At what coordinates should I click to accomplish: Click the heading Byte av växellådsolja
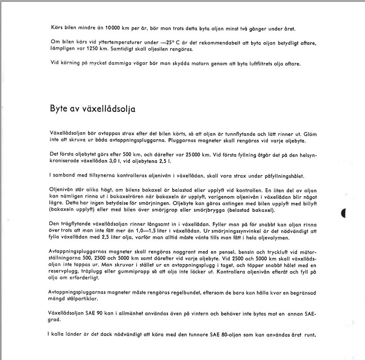[93, 109]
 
